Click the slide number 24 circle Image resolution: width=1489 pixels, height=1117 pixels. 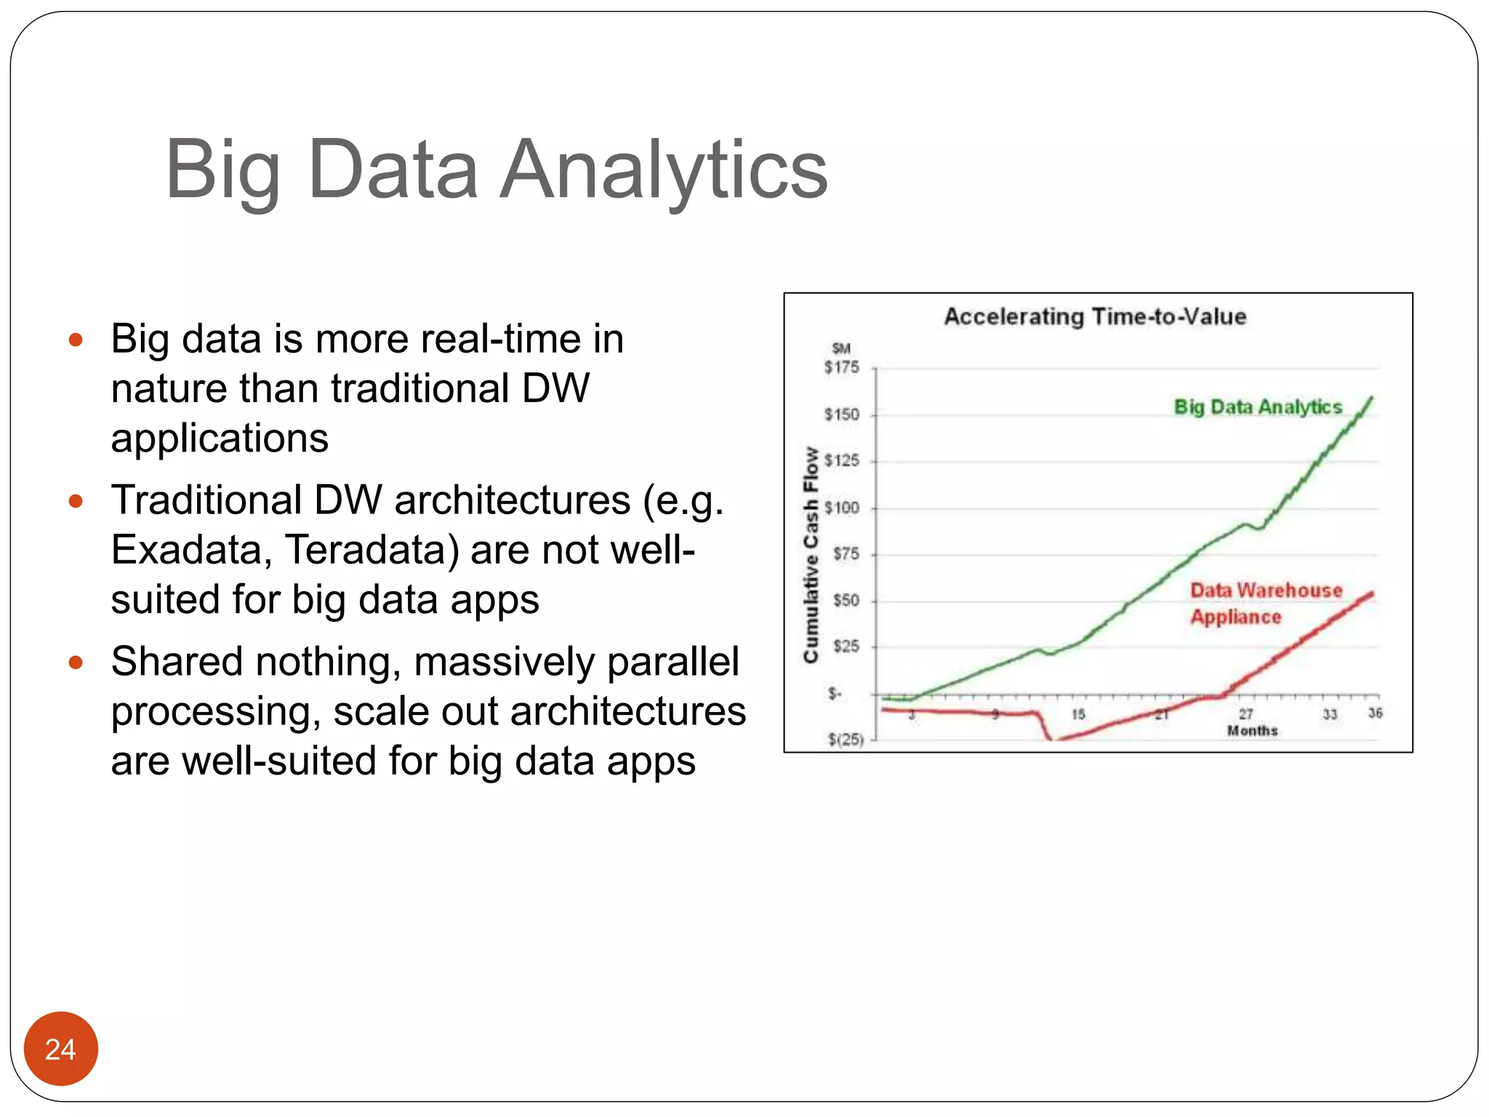click(x=60, y=1049)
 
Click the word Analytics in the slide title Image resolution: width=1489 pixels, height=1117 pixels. click(x=663, y=170)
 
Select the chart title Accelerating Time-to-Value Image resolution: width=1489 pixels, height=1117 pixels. click(x=1095, y=316)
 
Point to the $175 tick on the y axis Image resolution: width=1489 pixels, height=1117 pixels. click(x=841, y=368)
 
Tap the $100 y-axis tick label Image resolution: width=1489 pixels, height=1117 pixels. click(x=841, y=508)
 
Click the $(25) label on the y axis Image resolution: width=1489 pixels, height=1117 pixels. click(x=846, y=740)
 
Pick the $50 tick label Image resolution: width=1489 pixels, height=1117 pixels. click(x=846, y=601)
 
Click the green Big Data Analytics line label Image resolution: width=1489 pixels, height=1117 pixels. click(x=1258, y=407)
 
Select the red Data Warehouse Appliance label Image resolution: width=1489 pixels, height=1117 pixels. click(x=1265, y=603)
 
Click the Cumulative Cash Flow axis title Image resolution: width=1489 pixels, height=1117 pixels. click(x=811, y=554)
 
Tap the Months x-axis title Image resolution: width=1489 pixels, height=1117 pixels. click(x=1252, y=730)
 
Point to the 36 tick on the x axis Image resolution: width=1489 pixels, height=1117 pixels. click(x=1375, y=713)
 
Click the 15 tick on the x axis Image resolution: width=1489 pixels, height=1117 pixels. click(x=1078, y=715)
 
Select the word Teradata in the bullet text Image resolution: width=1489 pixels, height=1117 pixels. click(x=372, y=550)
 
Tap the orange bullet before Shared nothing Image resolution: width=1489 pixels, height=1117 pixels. click(x=76, y=662)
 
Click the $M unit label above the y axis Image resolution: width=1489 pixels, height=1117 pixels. click(x=841, y=348)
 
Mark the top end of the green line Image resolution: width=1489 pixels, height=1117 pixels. click(x=1372, y=398)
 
